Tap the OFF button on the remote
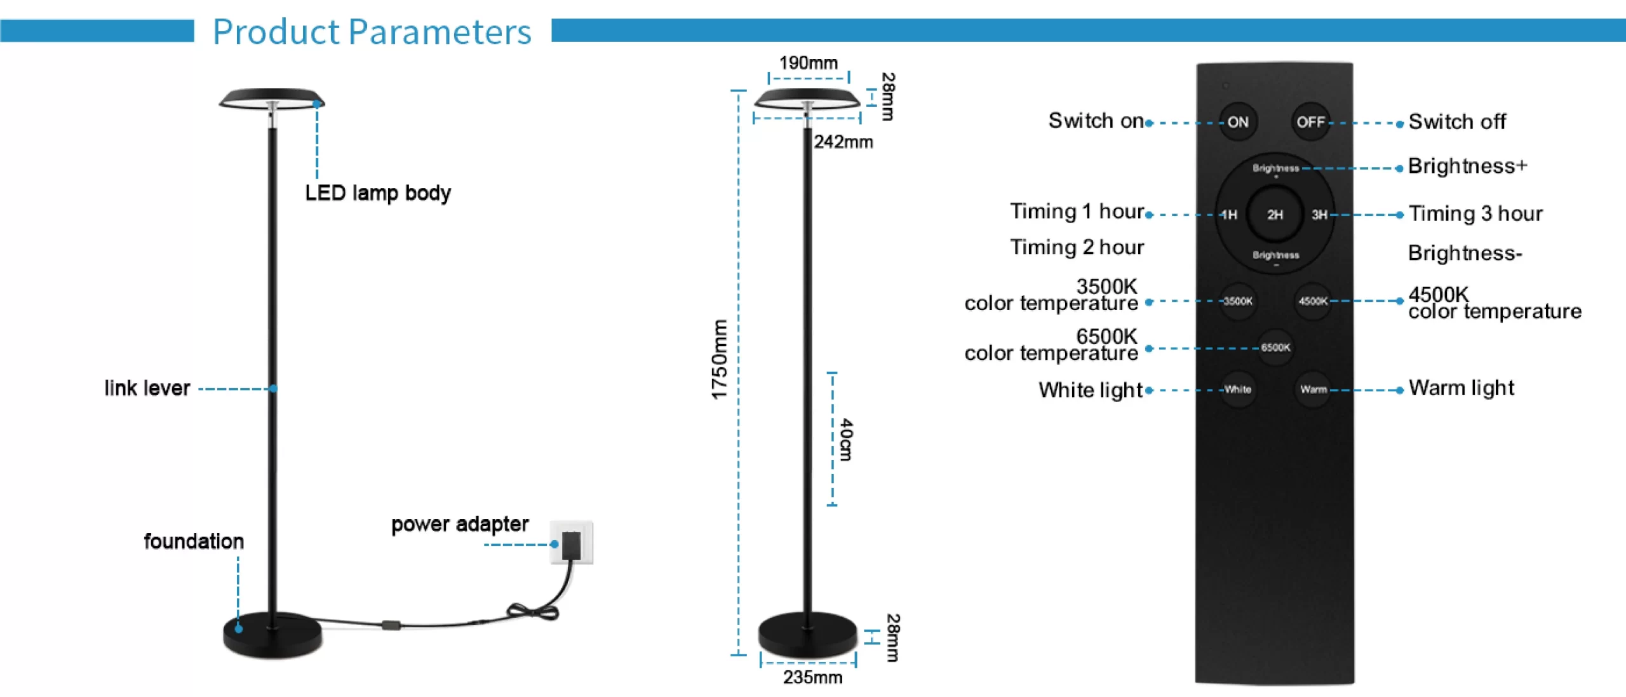point(1310,121)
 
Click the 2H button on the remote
point(1275,215)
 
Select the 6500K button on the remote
point(1275,348)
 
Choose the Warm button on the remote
point(1313,389)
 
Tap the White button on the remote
point(1237,389)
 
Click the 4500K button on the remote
point(1313,301)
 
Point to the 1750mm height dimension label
point(719,360)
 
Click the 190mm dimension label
point(809,63)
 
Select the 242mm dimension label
point(843,142)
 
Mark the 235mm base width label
point(812,677)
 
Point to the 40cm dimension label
point(846,440)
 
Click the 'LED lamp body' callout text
point(378,193)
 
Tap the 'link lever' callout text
point(147,388)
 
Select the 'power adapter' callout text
point(460,524)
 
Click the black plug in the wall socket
point(572,545)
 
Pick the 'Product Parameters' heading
point(372,32)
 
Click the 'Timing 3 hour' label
point(1475,214)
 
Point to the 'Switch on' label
point(1096,121)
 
